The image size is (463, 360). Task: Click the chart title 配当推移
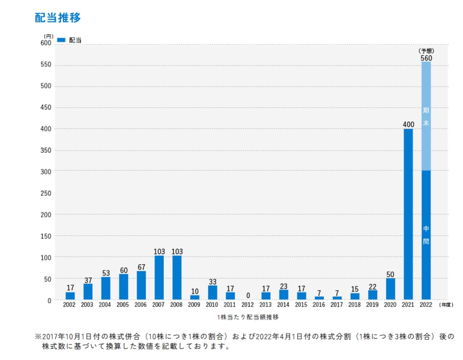[x=57, y=17]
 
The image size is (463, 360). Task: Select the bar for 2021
[x=408, y=214]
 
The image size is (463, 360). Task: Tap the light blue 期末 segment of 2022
[x=426, y=116]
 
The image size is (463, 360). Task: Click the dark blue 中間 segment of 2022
[x=426, y=234]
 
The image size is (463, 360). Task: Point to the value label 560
[x=426, y=58]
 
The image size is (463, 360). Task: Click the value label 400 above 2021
[x=408, y=125]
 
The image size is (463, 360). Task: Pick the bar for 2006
[x=141, y=285]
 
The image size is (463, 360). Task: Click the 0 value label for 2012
[x=248, y=296]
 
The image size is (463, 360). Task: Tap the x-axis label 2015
[x=301, y=306]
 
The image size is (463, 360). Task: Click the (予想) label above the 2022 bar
[x=426, y=51]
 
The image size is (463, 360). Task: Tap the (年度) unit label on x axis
[x=447, y=306]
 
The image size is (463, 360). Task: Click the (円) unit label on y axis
[x=48, y=36]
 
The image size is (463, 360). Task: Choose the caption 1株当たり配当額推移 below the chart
[x=248, y=317]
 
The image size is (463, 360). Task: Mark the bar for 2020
[x=390, y=289]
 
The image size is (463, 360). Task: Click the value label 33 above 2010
[x=212, y=282]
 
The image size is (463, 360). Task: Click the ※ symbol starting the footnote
[x=38, y=337]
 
